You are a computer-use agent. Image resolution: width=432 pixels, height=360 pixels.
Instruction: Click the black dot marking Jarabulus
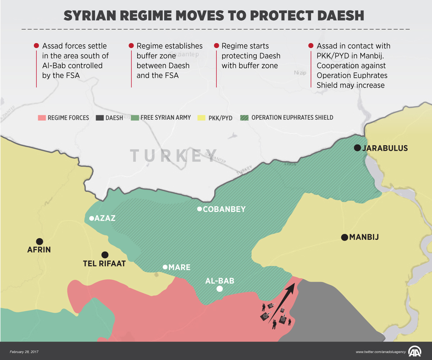pos(357,148)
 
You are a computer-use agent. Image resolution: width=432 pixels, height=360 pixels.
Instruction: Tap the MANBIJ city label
pos(364,237)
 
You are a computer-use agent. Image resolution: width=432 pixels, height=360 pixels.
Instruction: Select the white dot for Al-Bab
pos(220,289)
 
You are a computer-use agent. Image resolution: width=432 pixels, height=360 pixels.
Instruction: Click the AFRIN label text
pos(39,250)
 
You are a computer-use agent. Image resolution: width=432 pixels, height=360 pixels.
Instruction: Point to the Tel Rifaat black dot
pos(105,254)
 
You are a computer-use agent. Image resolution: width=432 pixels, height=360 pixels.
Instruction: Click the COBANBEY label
pos(224,209)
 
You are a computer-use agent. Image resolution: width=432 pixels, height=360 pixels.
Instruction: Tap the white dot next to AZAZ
pos(91,218)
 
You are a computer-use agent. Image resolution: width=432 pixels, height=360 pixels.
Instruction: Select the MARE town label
pos(179,267)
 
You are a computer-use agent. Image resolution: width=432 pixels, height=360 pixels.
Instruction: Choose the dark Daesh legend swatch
pos(100,118)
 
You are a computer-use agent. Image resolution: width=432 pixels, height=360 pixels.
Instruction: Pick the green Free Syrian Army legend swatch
pos(135,118)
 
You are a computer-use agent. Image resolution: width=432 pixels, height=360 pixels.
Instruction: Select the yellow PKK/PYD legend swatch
pos(202,118)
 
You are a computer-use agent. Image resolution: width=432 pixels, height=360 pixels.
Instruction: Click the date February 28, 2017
pos(24,351)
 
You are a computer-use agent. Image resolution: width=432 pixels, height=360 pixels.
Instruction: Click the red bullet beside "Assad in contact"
pos(311,46)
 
